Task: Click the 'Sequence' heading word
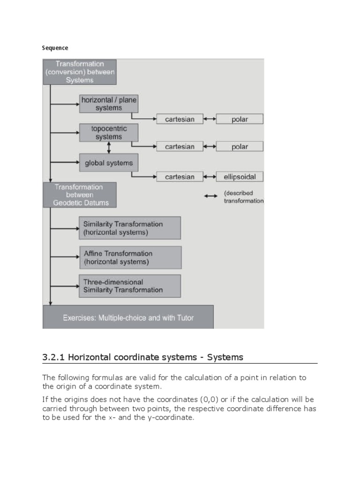point(55,48)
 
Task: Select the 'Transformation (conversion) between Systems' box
point(80,72)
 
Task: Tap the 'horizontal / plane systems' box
point(108,104)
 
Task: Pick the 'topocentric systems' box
point(108,133)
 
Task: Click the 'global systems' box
point(108,163)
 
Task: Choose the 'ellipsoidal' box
point(240,177)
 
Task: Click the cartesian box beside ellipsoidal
point(180,177)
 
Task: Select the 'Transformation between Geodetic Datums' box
point(80,195)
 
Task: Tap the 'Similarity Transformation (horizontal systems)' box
point(130,228)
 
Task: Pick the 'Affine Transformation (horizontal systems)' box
point(130,257)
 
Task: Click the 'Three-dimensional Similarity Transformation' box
point(130,286)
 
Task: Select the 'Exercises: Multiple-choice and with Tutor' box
point(128,317)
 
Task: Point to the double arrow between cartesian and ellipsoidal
point(210,177)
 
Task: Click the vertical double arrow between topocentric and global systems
point(109,148)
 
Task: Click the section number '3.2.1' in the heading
point(54,357)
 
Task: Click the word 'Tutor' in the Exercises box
point(185,317)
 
